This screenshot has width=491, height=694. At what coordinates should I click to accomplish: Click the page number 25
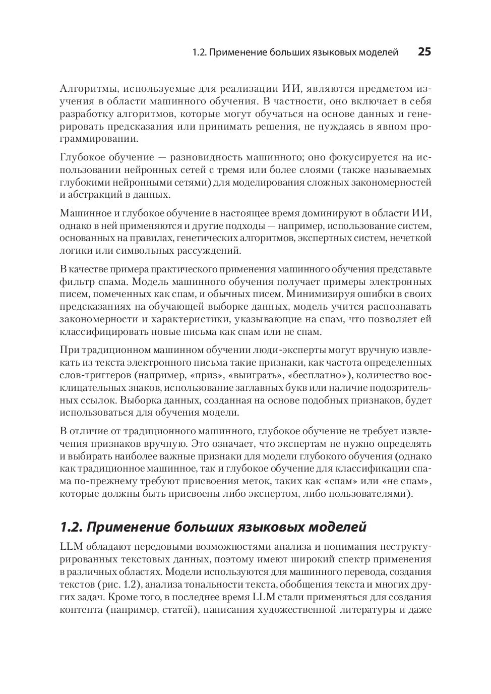pos(424,52)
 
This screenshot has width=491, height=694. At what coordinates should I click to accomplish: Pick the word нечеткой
pos(411,238)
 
